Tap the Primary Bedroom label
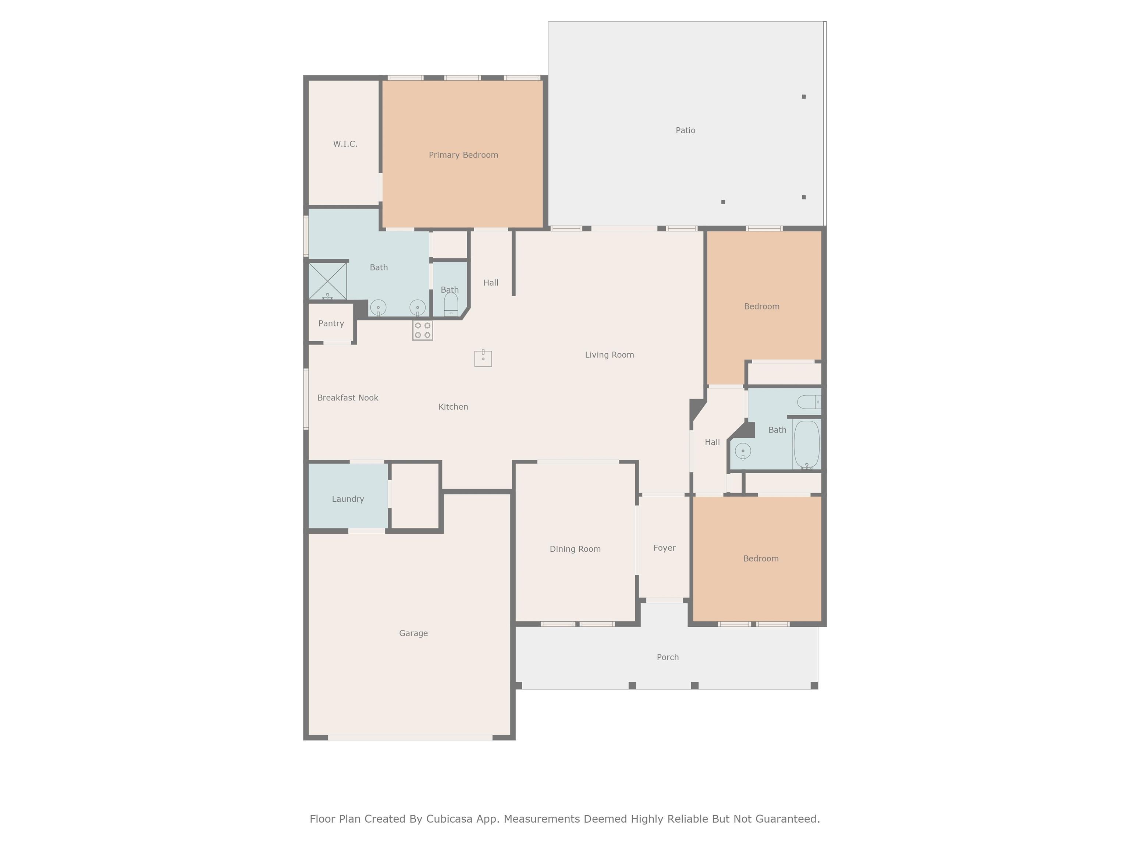coord(463,155)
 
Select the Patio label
coord(686,130)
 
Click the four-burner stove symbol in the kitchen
coord(423,330)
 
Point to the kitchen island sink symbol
coord(483,358)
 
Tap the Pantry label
coord(331,324)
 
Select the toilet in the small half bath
coord(451,305)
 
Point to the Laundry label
coord(348,499)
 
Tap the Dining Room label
coord(575,549)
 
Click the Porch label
coord(668,657)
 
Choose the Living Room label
coord(610,355)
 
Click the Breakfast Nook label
coord(348,397)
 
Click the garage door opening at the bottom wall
coord(410,738)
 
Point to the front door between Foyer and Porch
coord(665,600)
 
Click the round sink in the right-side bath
coord(743,451)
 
